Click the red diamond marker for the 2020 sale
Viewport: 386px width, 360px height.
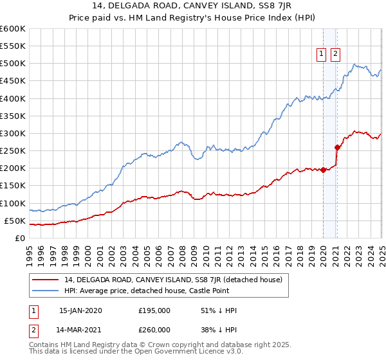coord(323,170)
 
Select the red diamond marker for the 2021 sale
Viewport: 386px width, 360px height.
coord(336,147)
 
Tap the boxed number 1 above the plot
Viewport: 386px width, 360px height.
coord(320,55)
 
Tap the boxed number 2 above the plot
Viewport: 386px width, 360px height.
coord(335,55)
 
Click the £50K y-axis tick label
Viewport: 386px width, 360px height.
coord(15,221)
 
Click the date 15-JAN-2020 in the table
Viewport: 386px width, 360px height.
coord(80,310)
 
